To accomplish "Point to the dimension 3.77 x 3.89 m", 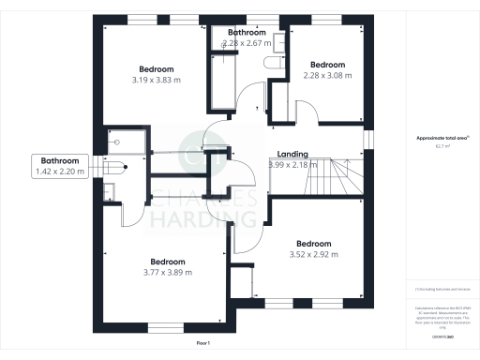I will coord(166,272).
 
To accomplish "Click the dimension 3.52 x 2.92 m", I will coord(312,254).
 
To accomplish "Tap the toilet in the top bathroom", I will coord(274,63).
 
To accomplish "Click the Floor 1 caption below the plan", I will coord(202,344).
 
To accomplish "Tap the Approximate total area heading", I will coord(442,138).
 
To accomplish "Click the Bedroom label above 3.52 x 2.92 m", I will coord(312,244).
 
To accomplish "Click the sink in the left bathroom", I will coord(110,192).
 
